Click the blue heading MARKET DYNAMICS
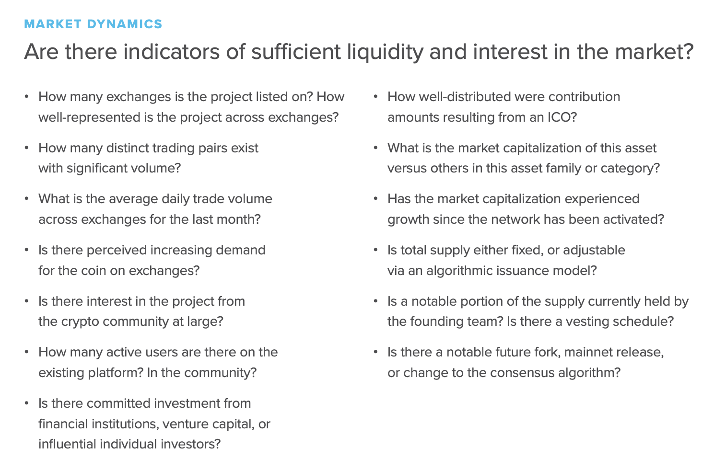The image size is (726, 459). point(93,24)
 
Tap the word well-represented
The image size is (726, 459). point(89,117)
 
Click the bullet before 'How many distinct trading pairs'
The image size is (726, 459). point(26,148)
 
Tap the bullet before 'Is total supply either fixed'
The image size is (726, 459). point(375,250)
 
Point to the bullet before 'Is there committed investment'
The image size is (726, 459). point(26,403)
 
